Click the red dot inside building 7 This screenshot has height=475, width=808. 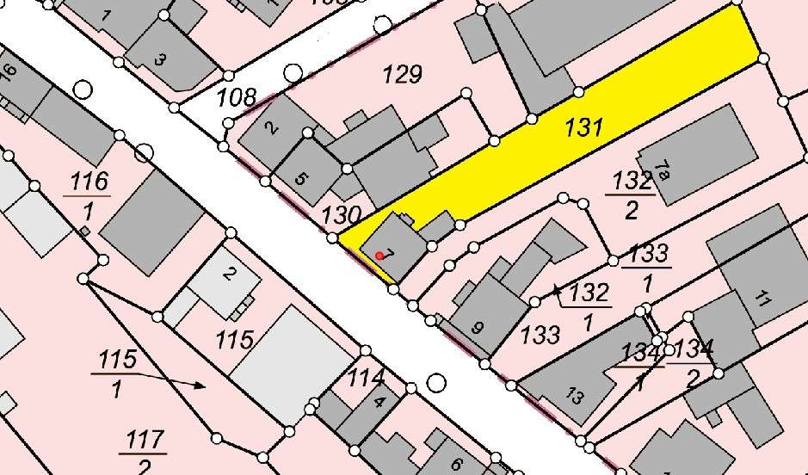coord(379,256)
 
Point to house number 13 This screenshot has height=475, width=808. coord(575,396)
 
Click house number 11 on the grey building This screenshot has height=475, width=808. coord(761,300)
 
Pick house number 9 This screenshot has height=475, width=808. coord(478,327)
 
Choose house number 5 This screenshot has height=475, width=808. coord(300,179)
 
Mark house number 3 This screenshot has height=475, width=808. coord(159,59)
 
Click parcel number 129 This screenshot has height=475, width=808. coord(402,75)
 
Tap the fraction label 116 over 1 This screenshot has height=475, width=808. coord(89,194)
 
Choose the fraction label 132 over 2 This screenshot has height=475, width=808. coord(632,194)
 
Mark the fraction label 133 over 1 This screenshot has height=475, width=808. coord(648,267)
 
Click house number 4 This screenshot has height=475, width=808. coord(379,401)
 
